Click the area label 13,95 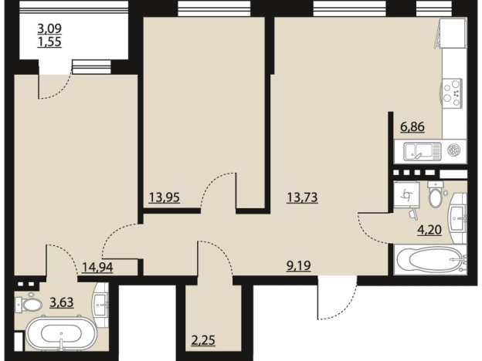coord(165,197)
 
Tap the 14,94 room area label coord(97,267)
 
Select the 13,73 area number coord(302,197)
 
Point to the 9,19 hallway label coord(298,266)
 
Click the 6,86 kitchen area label coord(412,127)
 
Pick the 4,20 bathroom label coord(429,229)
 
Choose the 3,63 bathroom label coord(62,302)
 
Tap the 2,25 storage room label coord(203,340)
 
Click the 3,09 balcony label coord(49,29)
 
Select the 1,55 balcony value coord(49,42)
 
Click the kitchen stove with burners coord(451,93)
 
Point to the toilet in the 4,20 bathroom coord(436,196)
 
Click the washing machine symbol coord(406,194)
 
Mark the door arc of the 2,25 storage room coord(220,251)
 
